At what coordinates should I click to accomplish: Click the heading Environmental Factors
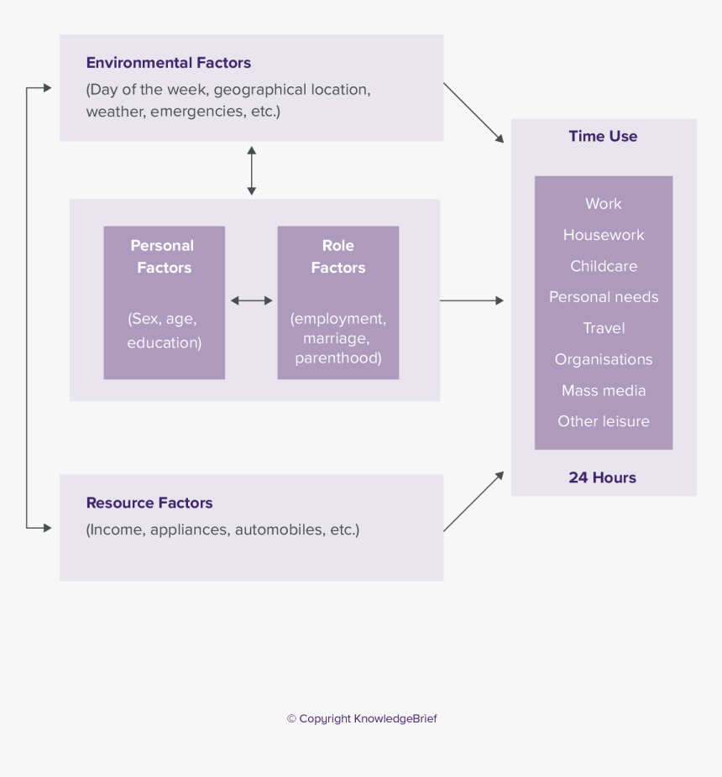168,63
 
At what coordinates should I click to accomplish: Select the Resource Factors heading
149,503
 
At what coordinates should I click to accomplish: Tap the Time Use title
603,137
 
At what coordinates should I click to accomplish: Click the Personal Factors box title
164,257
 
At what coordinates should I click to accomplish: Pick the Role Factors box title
338,257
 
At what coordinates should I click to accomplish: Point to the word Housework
604,235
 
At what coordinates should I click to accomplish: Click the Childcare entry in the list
604,266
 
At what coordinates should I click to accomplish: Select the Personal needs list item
604,297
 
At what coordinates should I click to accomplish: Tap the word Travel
604,328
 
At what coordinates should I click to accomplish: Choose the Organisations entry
604,359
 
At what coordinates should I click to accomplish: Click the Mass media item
604,390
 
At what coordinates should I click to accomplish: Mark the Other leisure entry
604,421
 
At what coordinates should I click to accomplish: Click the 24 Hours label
603,477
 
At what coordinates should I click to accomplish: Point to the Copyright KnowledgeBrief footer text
362,719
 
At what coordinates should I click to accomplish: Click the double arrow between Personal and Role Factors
252,300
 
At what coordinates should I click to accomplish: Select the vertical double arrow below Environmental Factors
251,171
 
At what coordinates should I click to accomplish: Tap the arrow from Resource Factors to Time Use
473,501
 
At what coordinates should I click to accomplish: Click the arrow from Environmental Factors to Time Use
473,112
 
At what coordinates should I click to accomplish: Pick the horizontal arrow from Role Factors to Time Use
472,300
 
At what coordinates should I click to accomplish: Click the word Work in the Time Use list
604,204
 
